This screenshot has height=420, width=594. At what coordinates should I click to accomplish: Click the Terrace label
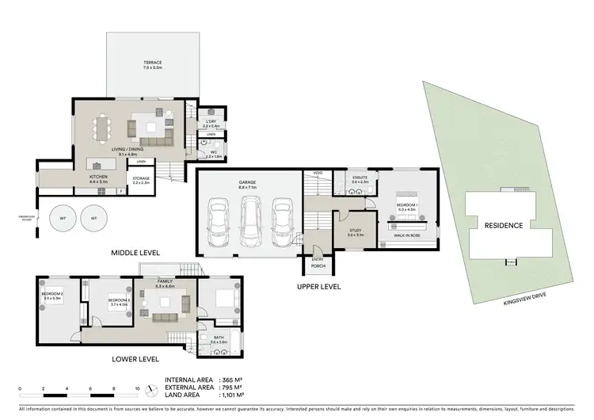coord(153,63)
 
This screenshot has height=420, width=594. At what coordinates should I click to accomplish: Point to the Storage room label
coord(141,180)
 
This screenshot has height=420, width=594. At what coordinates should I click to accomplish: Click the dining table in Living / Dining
coord(105,127)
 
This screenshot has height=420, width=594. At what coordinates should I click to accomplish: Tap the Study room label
coord(354,232)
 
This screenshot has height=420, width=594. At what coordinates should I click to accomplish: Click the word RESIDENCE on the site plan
coord(504,226)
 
